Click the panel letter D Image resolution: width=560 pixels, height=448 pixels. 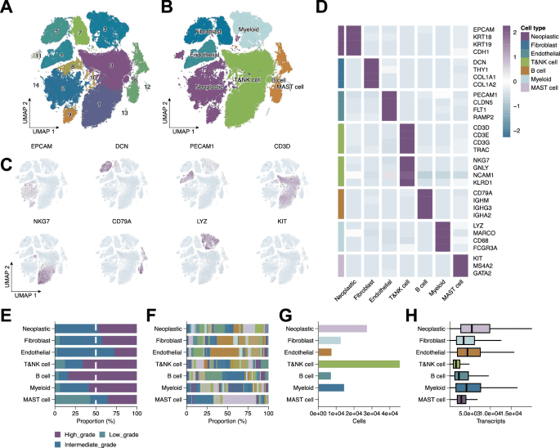coord(321,10)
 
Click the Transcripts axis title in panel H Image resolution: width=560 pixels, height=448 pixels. coord(490,424)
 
